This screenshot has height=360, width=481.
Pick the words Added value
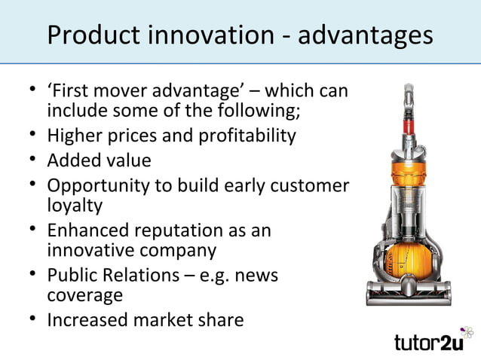tap(99, 160)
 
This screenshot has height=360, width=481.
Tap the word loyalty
tap(75, 204)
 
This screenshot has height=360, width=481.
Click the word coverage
tap(84, 295)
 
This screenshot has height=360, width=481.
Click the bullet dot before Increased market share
tap(34, 319)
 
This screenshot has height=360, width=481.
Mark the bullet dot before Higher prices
tap(34, 136)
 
